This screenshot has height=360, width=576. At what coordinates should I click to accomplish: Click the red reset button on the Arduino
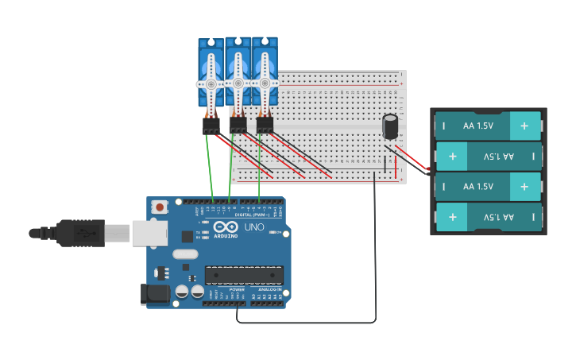[160, 207]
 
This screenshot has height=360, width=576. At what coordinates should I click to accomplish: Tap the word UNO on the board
[254, 227]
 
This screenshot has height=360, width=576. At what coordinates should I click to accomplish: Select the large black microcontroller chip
[244, 275]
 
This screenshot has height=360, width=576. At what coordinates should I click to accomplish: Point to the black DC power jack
[156, 294]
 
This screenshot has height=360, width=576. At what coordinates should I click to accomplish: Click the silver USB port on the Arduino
[149, 233]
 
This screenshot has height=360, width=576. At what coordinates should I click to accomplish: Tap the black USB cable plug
[79, 232]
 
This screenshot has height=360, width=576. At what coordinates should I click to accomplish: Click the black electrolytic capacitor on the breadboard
[390, 127]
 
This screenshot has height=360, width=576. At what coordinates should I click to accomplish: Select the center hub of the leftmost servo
[211, 83]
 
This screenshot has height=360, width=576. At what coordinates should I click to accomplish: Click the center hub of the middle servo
[238, 83]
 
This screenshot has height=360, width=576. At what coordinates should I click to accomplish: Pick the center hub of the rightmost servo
[265, 82]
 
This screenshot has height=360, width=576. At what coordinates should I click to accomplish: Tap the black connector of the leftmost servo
[211, 126]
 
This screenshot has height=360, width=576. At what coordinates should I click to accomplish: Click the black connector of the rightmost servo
[265, 125]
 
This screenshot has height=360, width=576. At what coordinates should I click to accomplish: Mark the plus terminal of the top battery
[524, 126]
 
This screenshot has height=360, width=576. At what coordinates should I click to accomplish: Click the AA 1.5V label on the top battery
[478, 126]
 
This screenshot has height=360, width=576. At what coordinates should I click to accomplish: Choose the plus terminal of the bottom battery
[452, 216]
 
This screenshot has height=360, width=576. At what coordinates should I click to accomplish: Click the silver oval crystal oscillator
[184, 254]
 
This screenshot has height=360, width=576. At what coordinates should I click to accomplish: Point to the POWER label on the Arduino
[237, 290]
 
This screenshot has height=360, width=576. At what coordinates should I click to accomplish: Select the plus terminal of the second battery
[452, 156]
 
